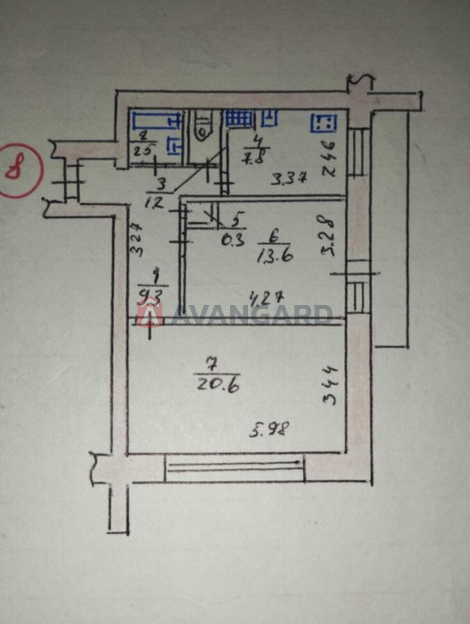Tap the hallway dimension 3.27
pos(135,239)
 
